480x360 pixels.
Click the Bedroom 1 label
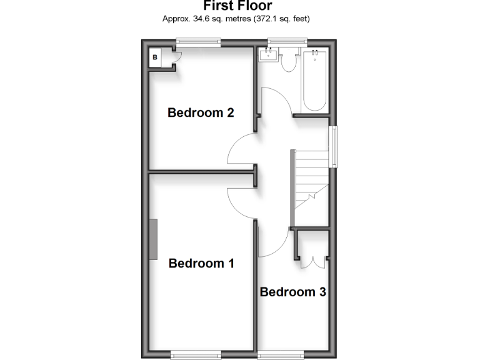click(x=201, y=263)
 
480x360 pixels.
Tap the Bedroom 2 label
click(x=201, y=113)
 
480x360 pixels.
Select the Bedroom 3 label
click(x=292, y=291)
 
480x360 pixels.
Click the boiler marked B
click(x=155, y=58)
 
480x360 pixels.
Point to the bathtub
click(x=314, y=81)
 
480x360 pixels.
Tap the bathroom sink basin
click(x=268, y=56)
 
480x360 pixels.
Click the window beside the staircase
click(x=334, y=147)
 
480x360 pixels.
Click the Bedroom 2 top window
click(x=198, y=42)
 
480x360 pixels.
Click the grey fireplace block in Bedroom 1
click(x=153, y=239)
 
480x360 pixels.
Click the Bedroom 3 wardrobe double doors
click(x=311, y=259)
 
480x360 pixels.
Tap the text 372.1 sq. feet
click(x=279, y=19)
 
